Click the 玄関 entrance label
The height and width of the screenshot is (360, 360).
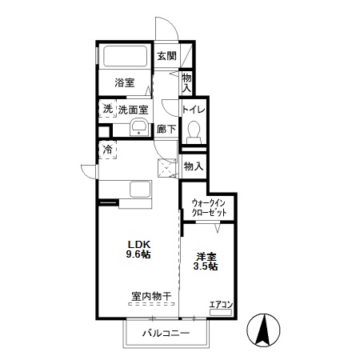166,56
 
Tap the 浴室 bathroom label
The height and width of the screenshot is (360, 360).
123,82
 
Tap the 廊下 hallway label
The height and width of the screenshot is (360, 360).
166,128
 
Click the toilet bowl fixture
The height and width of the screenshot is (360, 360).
193,132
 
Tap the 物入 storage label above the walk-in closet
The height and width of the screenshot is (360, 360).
193,166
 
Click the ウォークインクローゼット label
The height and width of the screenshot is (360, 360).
208,208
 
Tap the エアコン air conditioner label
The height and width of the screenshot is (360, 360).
220,305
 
